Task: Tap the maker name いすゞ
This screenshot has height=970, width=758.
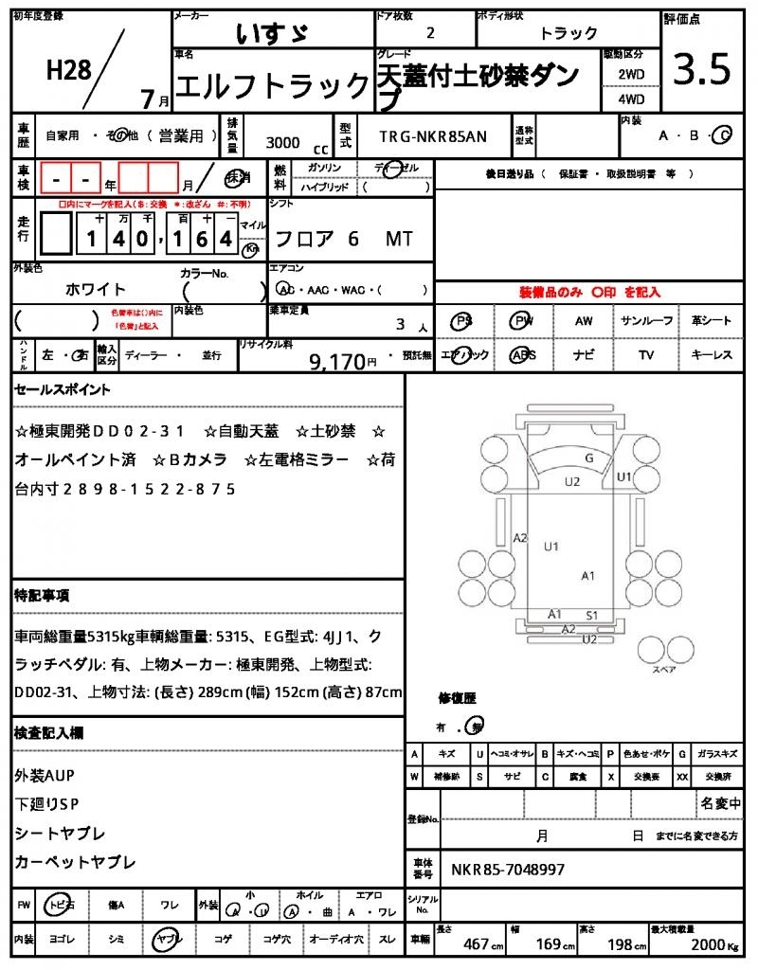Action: [273, 34]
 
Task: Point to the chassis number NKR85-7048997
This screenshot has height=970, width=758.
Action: [508, 869]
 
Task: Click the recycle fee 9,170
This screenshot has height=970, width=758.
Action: [337, 361]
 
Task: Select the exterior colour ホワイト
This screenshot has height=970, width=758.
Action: [96, 289]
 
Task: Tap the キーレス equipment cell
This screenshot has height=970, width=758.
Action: [712, 355]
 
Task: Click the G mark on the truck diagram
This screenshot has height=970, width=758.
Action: [589, 458]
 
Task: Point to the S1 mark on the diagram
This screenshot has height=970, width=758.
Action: [592, 615]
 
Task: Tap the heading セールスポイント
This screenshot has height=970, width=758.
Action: [62, 389]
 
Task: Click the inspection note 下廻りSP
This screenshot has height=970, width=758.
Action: [47, 803]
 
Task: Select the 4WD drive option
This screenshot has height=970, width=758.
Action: [631, 99]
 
